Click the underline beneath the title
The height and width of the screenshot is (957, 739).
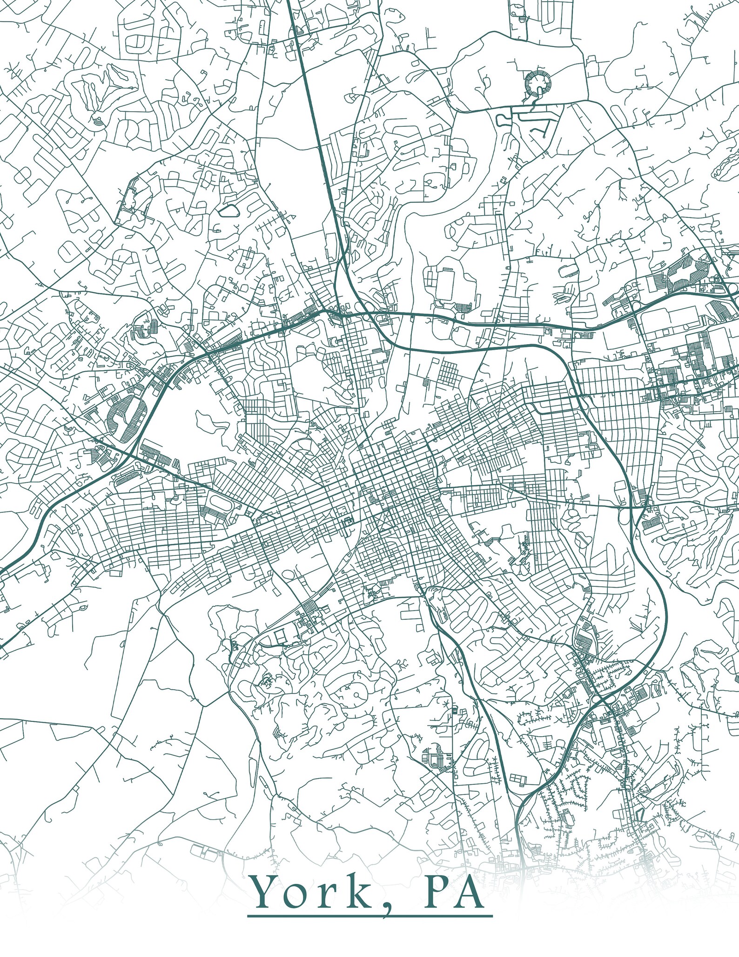point(370,916)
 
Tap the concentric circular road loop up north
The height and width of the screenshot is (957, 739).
point(539,84)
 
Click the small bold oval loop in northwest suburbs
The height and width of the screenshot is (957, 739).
point(228,210)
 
